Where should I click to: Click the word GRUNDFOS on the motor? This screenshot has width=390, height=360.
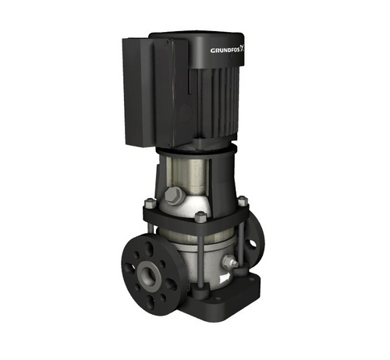point(226,51)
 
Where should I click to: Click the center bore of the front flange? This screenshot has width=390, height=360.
point(149,274)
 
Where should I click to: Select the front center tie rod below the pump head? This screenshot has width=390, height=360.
point(202,257)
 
